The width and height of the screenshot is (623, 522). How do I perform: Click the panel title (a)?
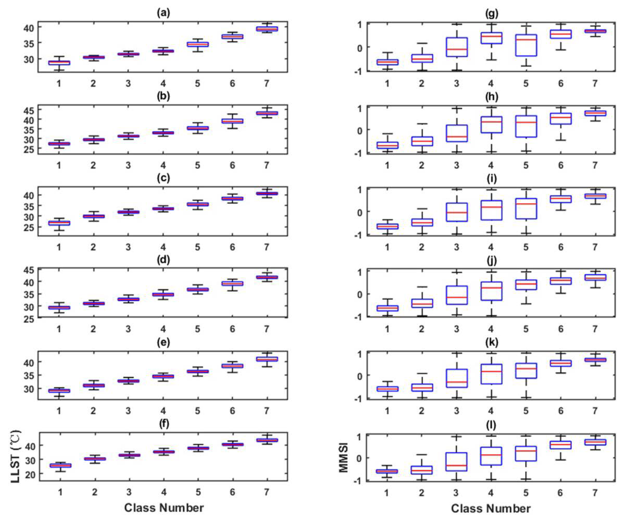pyautogui.click(x=164, y=13)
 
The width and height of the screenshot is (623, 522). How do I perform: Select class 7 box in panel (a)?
pyautogui.click(x=267, y=29)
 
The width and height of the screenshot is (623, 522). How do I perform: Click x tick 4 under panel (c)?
pyautogui.click(x=163, y=247)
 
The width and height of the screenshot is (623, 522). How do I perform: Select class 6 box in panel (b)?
pyautogui.click(x=232, y=121)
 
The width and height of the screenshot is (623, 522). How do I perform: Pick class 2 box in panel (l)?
pyautogui.click(x=422, y=470)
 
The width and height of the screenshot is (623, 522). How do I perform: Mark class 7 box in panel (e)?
pyautogui.click(x=267, y=359)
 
